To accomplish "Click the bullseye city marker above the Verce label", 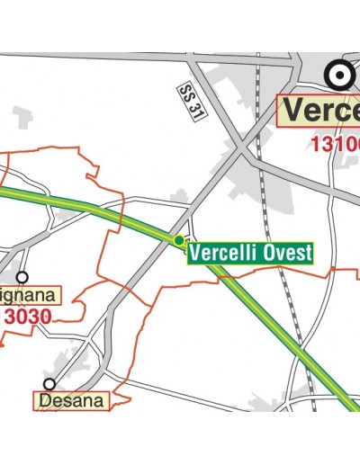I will pos(340,74).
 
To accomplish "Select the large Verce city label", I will pos(320,111).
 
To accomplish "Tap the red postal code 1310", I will pos(335,143).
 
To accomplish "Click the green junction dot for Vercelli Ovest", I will pos(179,241).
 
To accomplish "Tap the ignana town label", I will pos(27,295).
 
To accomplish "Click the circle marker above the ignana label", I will pos(22,278).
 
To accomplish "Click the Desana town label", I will pos(73,400).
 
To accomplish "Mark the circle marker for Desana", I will pos(49,384).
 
